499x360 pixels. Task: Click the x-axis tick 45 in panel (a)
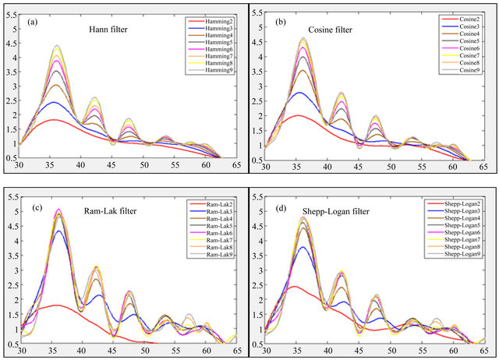pyautogui.click(x=112, y=166)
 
